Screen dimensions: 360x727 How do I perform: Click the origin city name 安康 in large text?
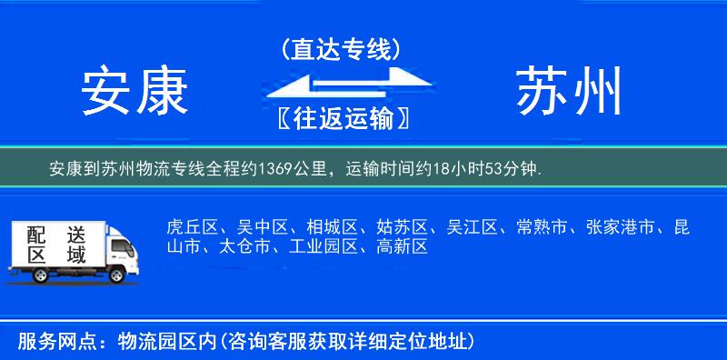(x=134, y=92)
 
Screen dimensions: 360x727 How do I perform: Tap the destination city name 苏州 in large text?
(x=570, y=92)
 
